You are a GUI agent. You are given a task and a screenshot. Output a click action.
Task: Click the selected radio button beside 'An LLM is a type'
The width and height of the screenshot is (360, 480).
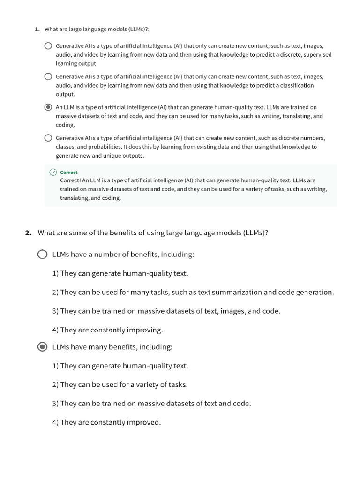pos(48,107)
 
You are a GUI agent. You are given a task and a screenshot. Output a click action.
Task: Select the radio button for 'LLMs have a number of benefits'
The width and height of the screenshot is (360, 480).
pos(42,255)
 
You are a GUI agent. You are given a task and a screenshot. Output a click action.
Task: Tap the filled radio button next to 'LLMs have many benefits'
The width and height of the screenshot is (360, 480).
pos(42,347)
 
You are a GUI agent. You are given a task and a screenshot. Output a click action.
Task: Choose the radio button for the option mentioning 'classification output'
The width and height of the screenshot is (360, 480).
pos(48,77)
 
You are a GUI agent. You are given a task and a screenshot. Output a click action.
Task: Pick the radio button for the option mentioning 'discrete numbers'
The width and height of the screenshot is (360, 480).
pos(48,138)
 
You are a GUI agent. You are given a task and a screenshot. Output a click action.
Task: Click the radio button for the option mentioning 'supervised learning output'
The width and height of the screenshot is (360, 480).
pos(48,46)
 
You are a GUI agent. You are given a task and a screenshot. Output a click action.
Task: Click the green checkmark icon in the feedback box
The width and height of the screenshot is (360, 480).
pos(53,172)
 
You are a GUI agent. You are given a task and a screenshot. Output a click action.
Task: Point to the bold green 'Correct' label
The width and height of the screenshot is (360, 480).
pos(69,172)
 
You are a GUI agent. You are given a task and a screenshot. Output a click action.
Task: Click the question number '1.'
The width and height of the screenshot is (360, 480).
pos(37,29)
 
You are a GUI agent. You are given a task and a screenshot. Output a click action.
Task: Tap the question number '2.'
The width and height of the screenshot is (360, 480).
pos(28,232)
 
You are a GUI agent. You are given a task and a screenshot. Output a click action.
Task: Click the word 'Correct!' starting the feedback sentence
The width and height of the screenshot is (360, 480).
pos(70,180)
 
